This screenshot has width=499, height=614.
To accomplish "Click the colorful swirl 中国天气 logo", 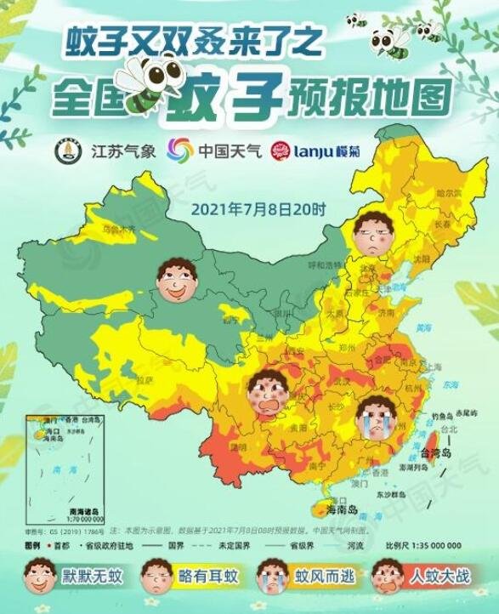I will (x=179, y=151).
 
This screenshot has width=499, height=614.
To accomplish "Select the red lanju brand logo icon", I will (x=280, y=151).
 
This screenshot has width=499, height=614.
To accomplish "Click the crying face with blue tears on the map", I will (x=372, y=416).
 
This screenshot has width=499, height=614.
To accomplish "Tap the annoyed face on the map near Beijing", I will (x=371, y=232).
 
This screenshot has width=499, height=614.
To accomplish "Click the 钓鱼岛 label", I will (x=442, y=416).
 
